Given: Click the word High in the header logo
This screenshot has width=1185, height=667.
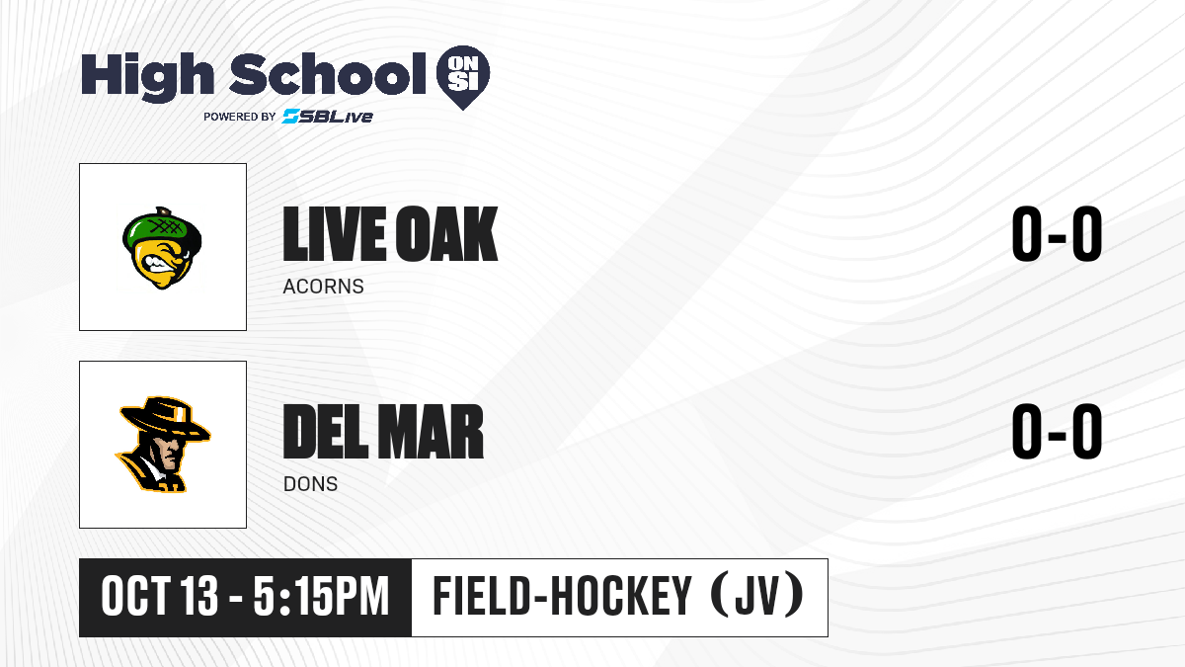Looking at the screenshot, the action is click(148, 77).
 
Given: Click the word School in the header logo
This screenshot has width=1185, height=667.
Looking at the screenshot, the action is click(328, 74).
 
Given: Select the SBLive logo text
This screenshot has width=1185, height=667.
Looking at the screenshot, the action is click(328, 116).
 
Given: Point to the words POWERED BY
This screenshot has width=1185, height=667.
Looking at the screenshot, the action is click(240, 117).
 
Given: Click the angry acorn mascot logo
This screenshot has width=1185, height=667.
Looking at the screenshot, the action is click(162, 248).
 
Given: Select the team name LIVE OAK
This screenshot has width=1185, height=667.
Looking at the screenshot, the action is click(390, 234).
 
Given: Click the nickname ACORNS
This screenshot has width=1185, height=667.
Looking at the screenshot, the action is click(323, 287).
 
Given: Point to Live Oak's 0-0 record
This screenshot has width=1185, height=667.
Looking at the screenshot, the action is click(1057, 234).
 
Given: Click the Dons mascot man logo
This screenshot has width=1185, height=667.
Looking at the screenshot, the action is click(162, 445).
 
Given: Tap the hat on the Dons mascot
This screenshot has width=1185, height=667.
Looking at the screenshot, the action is click(165, 419).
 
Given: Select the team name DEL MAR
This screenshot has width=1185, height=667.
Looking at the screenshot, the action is click(383, 432).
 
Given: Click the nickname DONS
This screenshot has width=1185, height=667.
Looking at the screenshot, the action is click(310, 484).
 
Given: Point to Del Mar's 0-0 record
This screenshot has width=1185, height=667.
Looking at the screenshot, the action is click(1057, 432).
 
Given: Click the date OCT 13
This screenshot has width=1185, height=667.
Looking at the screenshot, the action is click(159, 597).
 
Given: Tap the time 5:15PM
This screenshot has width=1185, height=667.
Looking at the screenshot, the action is click(321, 597).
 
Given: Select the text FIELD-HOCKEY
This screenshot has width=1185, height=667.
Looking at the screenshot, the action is click(562, 596).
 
